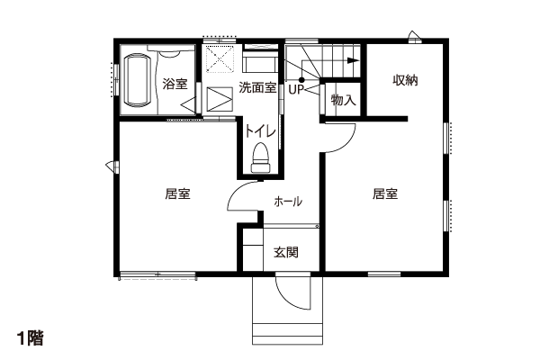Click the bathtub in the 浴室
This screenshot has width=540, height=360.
pyautogui.click(x=137, y=79)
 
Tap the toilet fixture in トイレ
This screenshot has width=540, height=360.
pyautogui.click(x=261, y=157)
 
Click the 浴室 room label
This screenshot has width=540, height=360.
pyautogui.click(x=175, y=84)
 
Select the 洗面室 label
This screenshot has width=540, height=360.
pyautogui.click(x=257, y=87)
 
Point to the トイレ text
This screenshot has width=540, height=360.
pyautogui.click(x=260, y=131)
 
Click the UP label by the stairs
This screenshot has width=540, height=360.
pyautogui.click(x=296, y=90)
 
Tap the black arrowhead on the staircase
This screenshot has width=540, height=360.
pyautogui.click(x=353, y=60)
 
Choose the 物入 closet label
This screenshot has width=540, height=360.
pyautogui.click(x=343, y=100)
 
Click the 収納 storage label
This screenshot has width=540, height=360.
pyautogui.click(x=405, y=80)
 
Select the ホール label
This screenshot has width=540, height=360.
pyautogui.click(x=288, y=202)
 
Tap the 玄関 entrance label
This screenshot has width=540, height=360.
pyautogui.click(x=286, y=253)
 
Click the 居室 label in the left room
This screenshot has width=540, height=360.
pyautogui.click(x=177, y=193)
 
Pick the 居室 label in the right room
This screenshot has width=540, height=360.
pyautogui.click(x=385, y=193)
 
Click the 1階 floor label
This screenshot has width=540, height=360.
pyautogui.click(x=31, y=338)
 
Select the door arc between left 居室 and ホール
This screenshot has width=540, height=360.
pyautogui.click(x=235, y=190)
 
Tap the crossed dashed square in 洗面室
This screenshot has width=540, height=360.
pyautogui.click(x=220, y=59)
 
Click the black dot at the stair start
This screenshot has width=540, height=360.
pyautogui.click(x=301, y=80)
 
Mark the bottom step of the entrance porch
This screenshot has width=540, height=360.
pyautogui.click(x=288, y=339)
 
